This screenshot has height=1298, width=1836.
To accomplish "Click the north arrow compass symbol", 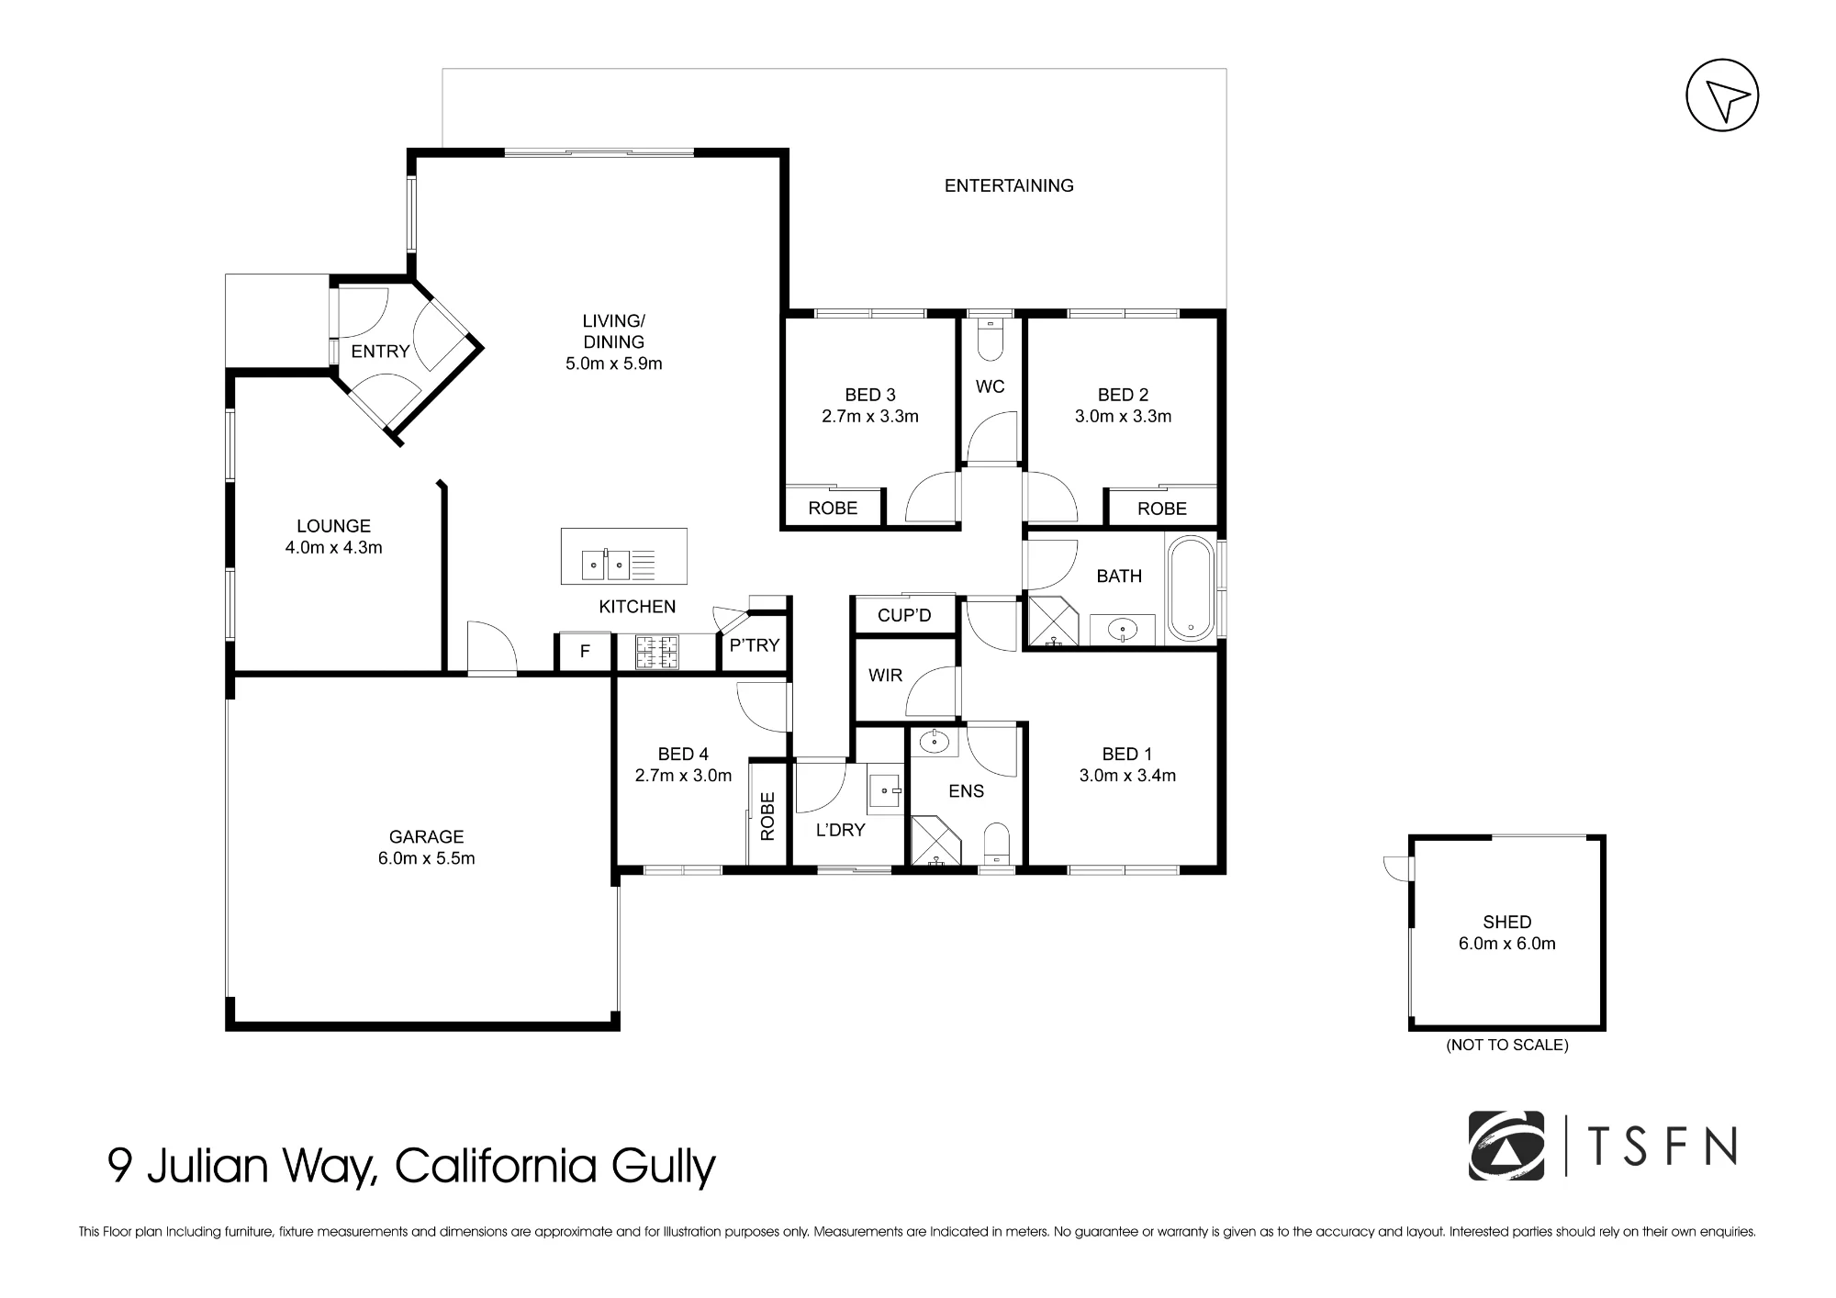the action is [1722, 96].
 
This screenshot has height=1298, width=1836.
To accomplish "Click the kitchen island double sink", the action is [606, 565].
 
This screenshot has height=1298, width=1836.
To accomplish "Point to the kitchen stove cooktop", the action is [657, 652].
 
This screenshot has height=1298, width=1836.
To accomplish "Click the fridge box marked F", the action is [585, 653].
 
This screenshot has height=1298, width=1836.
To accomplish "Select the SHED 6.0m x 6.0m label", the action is [1507, 933].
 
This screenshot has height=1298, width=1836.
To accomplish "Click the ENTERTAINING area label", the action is [1009, 185].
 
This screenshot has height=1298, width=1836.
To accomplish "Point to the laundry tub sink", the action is [887, 789].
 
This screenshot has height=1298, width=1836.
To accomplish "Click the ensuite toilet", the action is [996, 843].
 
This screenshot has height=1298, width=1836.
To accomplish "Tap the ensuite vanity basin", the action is [935, 741].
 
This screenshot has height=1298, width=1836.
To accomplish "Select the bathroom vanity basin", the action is [1122, 630].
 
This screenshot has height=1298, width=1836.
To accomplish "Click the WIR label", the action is [885, 676].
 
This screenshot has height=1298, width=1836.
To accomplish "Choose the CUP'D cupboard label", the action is [904, 615].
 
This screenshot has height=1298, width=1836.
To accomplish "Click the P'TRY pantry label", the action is [755, 645].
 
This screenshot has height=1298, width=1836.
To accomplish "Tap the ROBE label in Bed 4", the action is [768, 816].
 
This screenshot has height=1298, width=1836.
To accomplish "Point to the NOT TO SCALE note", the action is [1507, 1045].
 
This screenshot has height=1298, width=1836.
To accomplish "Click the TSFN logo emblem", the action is [1506, 1146].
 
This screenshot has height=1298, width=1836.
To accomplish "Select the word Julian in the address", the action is [207, 1166].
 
